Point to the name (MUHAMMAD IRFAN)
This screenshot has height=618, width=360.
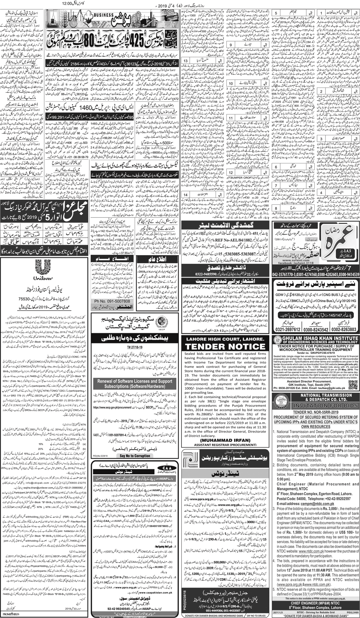(x=226, y=440)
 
